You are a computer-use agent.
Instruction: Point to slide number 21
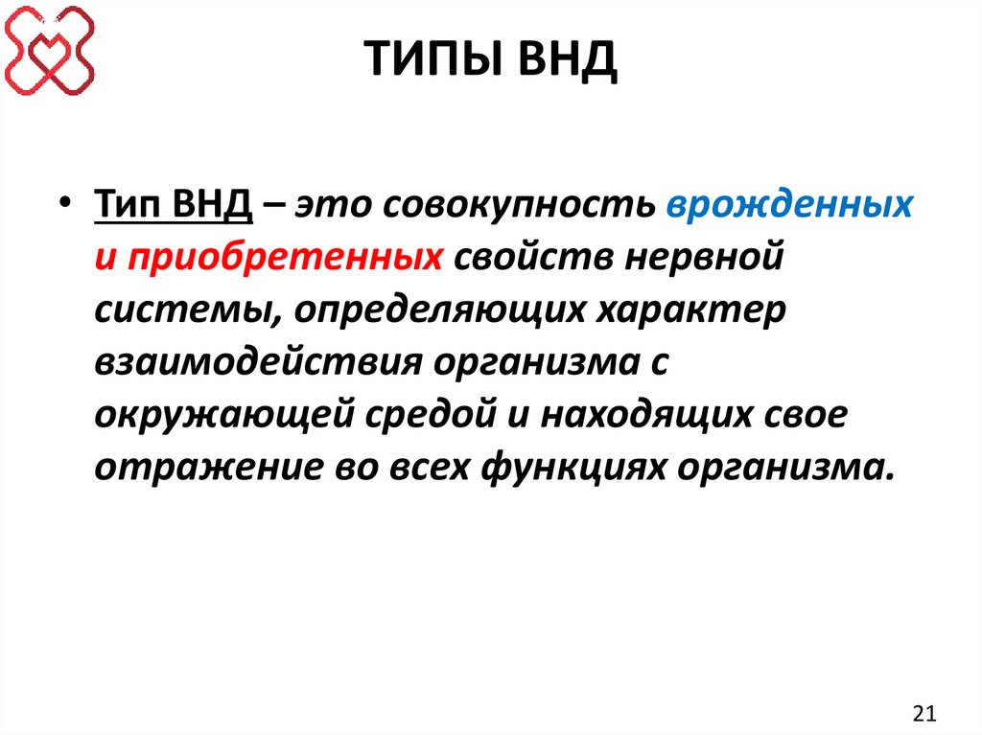924,712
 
